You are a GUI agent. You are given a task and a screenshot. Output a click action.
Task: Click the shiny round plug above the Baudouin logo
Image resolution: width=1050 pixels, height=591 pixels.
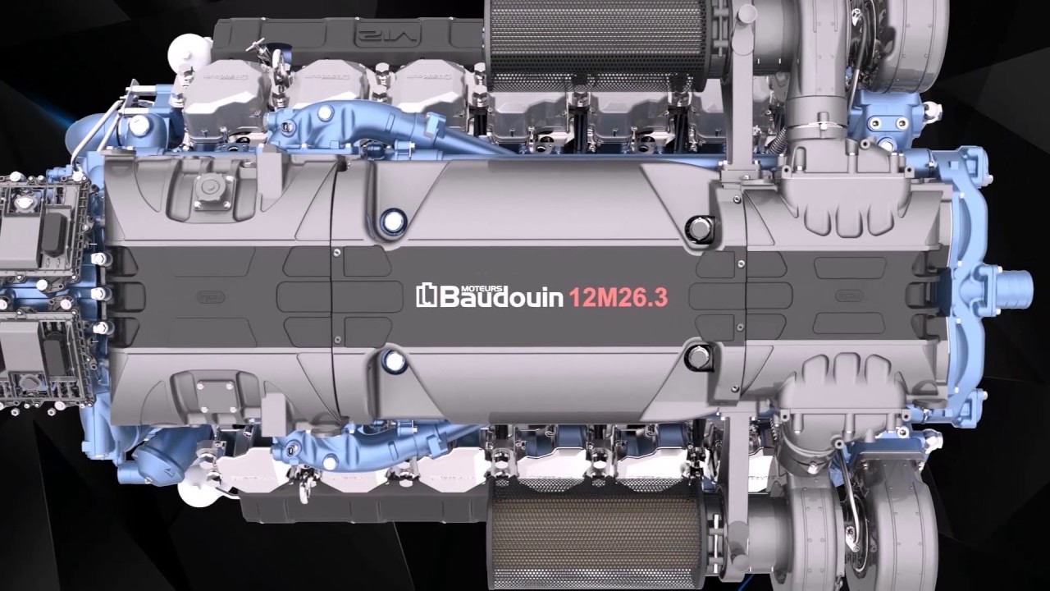pos(394,220)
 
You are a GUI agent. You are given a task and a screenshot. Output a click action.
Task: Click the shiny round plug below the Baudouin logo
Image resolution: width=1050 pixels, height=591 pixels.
pos(394,360)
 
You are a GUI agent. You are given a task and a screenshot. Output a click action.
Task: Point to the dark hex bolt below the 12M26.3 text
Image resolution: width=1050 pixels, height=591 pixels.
pos(698,357)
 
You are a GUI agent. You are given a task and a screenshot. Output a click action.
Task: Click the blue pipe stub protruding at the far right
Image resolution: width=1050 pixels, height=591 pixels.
pos(1017,283)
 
